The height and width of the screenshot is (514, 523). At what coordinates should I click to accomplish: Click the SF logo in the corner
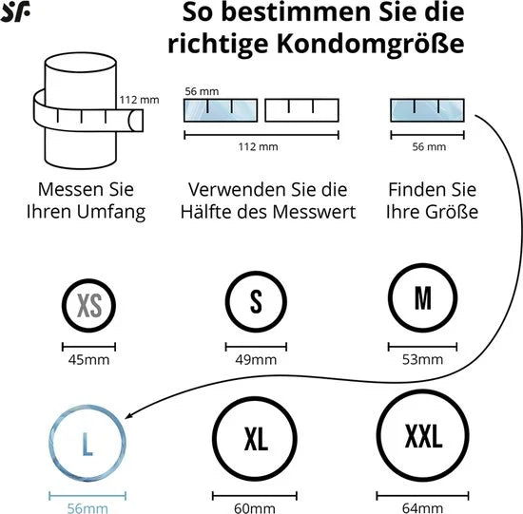tap(15, 11)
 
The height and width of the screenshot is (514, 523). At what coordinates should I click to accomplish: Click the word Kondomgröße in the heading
tap(371, 44)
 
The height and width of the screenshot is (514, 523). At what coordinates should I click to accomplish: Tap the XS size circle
tap(64, 306)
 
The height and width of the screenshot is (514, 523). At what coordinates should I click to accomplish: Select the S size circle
tap(227, 302)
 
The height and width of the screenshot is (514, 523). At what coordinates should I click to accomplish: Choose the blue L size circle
tap(50, 443)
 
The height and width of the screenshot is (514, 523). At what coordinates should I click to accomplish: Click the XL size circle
tap(215, 438)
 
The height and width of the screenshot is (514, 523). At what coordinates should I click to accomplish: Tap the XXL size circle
tap(378, 435)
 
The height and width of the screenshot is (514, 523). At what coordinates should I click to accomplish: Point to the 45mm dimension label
tap(88, 360)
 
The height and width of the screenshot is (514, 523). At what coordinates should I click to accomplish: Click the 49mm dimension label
tap(256, 360)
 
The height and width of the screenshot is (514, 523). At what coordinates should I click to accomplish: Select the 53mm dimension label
tap(422, 360)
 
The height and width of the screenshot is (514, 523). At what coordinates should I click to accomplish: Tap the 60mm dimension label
tap(255, 508)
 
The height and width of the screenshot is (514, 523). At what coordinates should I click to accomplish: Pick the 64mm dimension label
tap(422, 508)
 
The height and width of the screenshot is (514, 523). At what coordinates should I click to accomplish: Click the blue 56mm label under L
tap(87, 508)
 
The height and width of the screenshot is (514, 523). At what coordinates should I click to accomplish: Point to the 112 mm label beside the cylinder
tap(140, 100)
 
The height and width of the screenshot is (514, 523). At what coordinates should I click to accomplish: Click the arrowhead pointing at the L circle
tap(128, 416)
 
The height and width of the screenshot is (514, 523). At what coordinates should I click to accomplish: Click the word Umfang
tap(111, 212)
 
